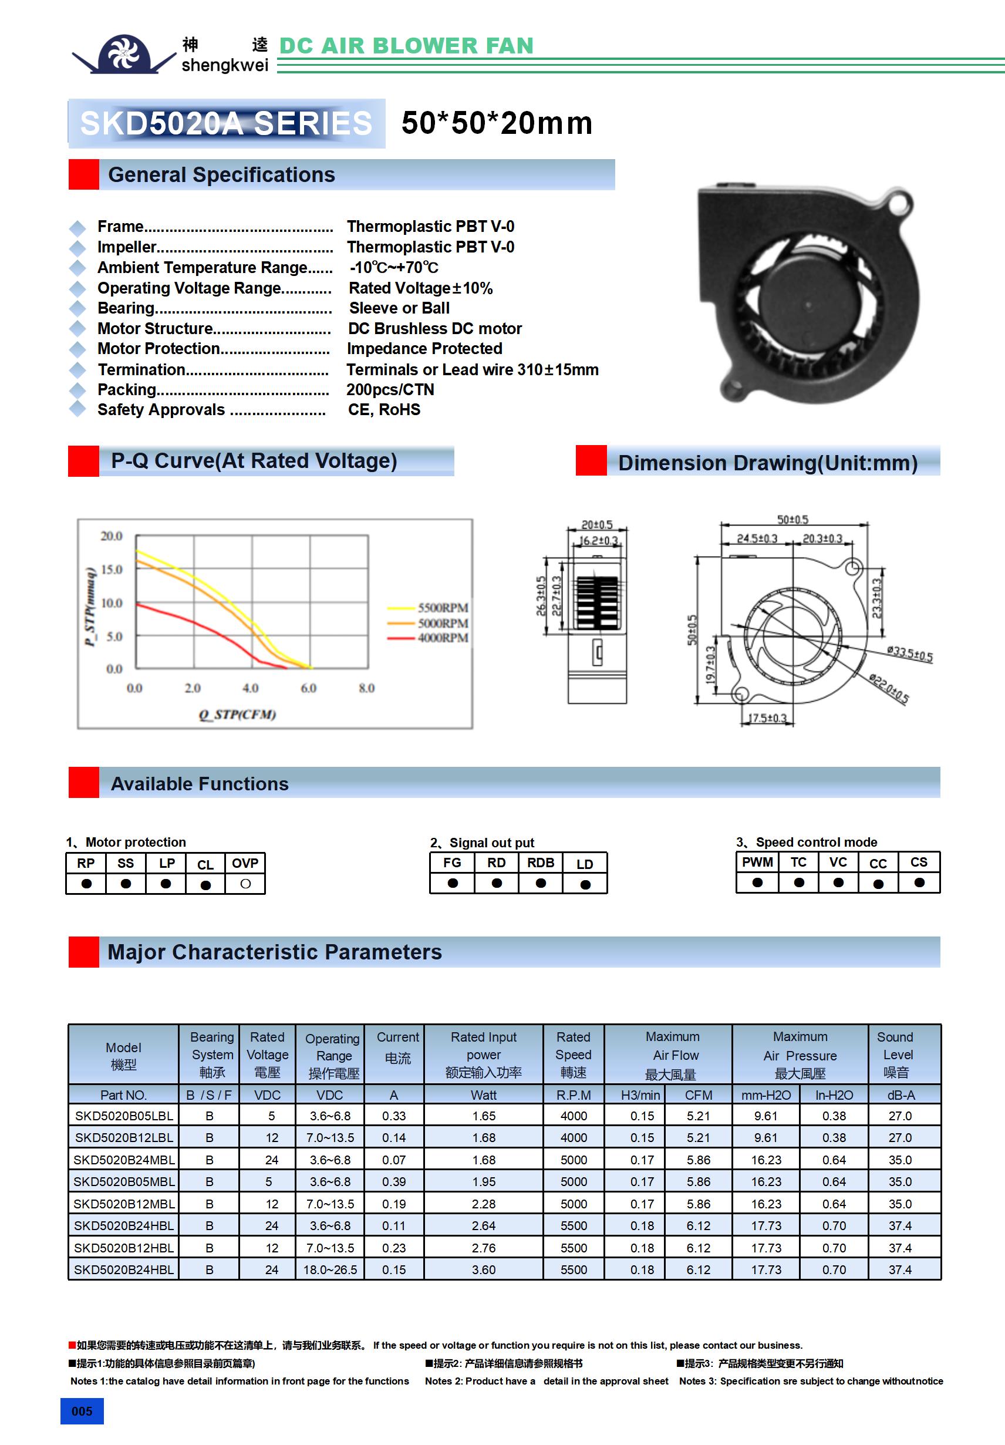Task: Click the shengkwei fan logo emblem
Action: (123, 54)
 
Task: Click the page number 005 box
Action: (82, 1411)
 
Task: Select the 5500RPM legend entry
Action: (443, 607)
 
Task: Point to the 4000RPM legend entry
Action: (443, 638)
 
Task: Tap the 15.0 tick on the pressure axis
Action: (112, 569)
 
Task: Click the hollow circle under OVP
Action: (245, 884)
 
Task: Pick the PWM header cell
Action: (757, 862)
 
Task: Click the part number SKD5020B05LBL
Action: (123, 1116)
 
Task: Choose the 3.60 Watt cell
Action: (483, 1270)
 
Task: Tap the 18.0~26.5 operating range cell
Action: (330, 1270)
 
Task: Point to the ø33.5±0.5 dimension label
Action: (909, 655)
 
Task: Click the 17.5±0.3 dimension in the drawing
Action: (767, 718)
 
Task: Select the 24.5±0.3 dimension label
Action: (757, 539)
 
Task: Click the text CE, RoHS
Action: (384, 410)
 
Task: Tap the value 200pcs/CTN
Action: (390, 389)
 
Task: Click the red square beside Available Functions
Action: (84, 782)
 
